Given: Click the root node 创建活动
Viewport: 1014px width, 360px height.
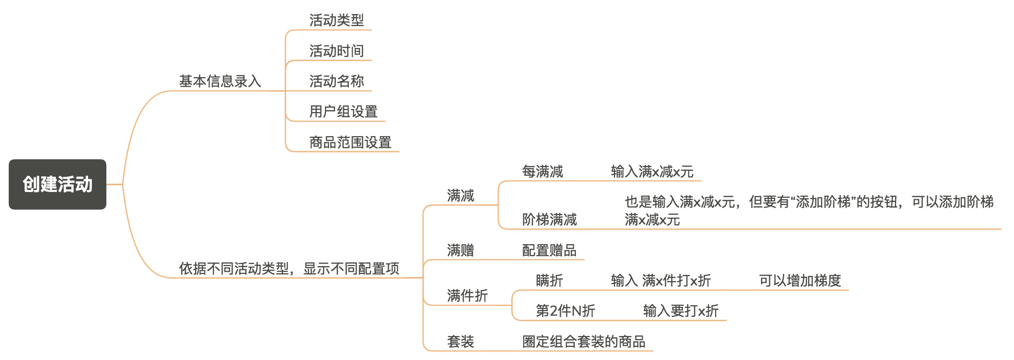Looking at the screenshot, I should [57, 184].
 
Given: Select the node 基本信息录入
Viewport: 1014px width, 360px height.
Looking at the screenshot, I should [220, 81].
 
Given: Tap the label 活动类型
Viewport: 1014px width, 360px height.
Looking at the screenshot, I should [336, 20].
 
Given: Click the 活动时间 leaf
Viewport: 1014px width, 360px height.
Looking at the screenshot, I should [336, 51].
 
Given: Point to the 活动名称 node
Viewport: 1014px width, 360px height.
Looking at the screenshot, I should [336, 81].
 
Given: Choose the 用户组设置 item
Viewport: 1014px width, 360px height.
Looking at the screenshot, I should [343, 112].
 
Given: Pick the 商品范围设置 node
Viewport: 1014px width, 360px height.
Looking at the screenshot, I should [350, 142].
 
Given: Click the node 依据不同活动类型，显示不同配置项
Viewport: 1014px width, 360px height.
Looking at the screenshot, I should [289, 269].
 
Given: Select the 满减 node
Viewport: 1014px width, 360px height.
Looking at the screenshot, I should [460, 196].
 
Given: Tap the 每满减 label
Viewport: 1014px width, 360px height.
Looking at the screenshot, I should [542, 172].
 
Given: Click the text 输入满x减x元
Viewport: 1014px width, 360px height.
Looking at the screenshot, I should [652, 172].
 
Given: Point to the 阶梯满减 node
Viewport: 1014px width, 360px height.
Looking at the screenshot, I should [549, 220].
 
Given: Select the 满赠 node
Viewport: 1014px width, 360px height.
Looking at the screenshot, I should [460, 250].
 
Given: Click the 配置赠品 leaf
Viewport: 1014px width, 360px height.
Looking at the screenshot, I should [549, 250].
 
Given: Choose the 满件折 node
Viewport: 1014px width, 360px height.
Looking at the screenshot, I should [467, 296].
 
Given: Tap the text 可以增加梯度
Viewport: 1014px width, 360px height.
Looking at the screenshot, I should [800, 281].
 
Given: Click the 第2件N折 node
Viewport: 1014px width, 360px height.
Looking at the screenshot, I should [565, 311].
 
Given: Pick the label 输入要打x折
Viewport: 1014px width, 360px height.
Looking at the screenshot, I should [681, 311].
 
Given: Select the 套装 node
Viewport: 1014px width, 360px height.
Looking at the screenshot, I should [460, 342].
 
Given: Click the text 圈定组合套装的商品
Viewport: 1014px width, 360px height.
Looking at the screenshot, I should [584, 342].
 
